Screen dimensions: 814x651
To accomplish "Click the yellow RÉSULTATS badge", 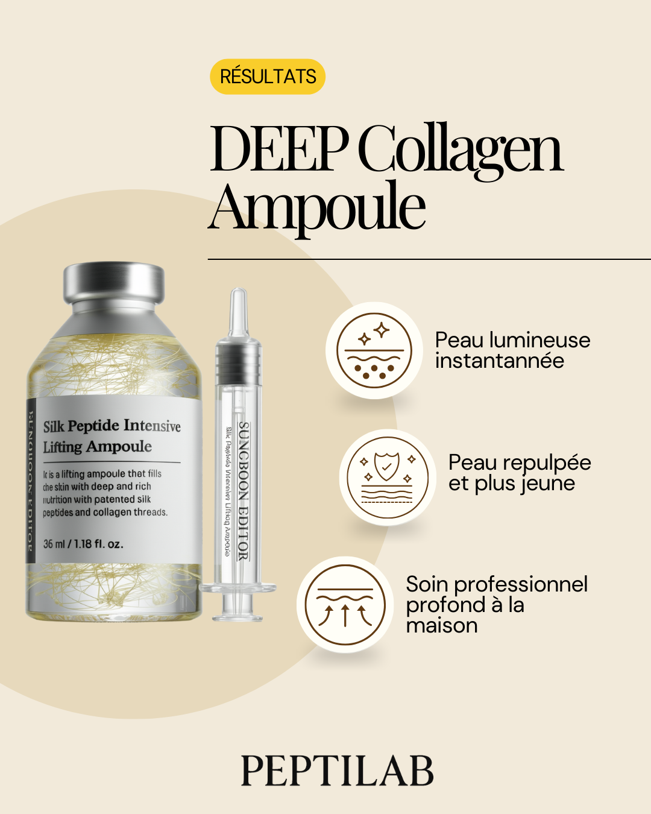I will [268, 77].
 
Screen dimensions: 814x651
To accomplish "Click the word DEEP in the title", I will [278, 149].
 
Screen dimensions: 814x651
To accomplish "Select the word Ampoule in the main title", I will [317, 207].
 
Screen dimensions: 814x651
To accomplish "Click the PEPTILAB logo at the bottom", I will [337, 771].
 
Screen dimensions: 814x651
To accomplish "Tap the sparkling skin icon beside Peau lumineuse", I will [374, 350].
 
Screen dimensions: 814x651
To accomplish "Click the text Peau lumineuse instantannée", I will [512, 350].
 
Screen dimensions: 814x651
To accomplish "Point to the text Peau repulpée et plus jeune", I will [520, 473].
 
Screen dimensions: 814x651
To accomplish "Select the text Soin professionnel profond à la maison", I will [497, 604].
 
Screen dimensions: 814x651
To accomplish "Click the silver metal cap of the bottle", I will [114, 283].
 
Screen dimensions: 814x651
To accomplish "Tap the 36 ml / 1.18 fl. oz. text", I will [83, 544].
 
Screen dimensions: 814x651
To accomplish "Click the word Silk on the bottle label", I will [54, 426].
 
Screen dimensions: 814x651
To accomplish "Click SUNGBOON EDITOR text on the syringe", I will [244, 491].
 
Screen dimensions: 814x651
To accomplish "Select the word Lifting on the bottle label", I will [62, 447].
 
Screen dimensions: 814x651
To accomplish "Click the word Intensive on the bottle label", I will [152, 426].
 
